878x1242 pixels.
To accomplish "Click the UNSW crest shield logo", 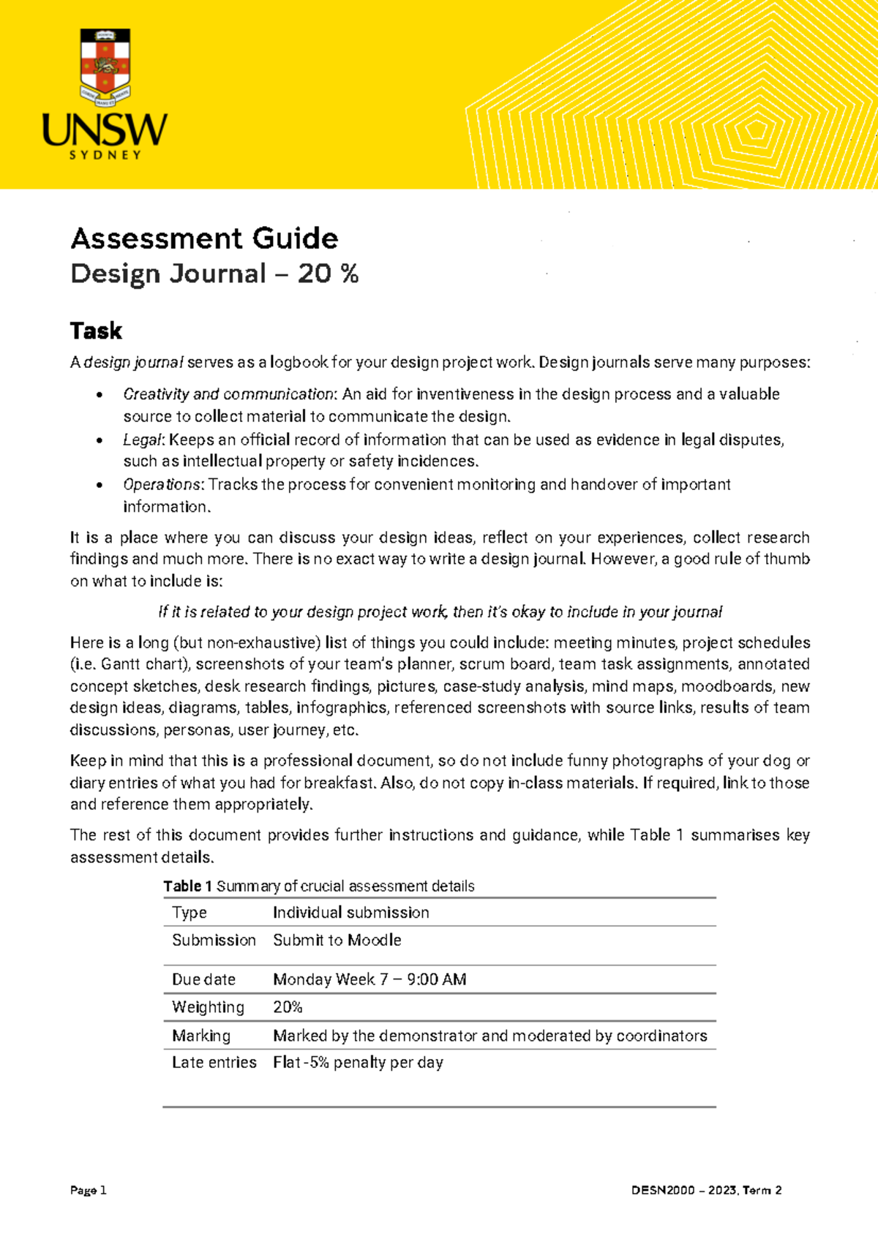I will (105, 67).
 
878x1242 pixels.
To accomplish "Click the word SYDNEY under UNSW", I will (105, 155).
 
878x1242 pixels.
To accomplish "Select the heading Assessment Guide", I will (204, 238).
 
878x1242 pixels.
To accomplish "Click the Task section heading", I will (96, 331).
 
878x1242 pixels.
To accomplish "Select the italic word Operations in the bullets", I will (162, 484).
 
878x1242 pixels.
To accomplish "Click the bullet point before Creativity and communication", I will (100, 396).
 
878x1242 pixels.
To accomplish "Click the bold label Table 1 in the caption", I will (187, 886).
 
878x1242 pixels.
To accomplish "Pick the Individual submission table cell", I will (350, 912).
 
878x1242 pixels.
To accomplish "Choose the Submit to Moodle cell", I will (337, 940).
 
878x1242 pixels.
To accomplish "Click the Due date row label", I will (203, 979).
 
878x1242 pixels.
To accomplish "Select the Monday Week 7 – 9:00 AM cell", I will (369, 979).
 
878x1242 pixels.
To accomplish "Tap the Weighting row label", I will (208, 1007).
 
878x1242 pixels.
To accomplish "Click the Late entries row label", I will (214, 1062).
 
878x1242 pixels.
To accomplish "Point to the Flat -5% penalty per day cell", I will (358, 1062).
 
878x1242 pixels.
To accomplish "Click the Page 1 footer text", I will (89, 1190).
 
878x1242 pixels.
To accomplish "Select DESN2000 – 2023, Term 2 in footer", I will (706, 1190).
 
